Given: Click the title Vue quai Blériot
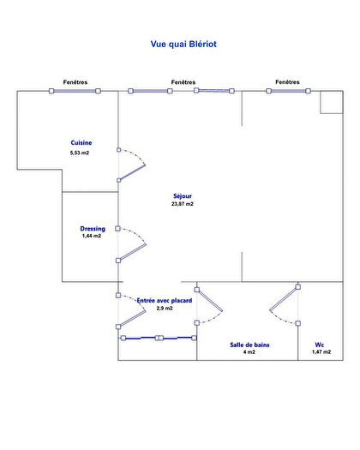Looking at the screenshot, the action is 183,44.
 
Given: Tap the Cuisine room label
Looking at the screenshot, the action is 81,142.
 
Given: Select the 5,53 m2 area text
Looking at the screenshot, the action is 80,153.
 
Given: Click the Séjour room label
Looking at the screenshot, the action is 183,196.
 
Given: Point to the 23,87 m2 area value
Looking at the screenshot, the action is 183,204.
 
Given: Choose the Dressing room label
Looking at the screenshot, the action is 93,229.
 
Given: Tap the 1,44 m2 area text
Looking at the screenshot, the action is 92,236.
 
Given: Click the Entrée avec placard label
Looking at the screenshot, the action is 165,301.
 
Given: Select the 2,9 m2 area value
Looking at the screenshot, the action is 165,309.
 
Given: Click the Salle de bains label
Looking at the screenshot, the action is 249,345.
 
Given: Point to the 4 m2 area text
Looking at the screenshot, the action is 249,352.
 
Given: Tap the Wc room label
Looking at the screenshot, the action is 319,345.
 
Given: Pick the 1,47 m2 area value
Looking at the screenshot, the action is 321,351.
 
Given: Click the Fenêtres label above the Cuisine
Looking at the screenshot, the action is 75,82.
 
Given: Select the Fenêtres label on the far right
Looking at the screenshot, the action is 287,81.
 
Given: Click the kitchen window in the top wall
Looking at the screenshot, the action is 75,91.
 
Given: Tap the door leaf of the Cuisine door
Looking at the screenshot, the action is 132,172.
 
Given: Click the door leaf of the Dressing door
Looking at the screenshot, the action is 132,253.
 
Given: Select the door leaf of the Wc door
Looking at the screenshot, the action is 284,299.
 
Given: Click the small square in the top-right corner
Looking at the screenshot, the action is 332,102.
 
